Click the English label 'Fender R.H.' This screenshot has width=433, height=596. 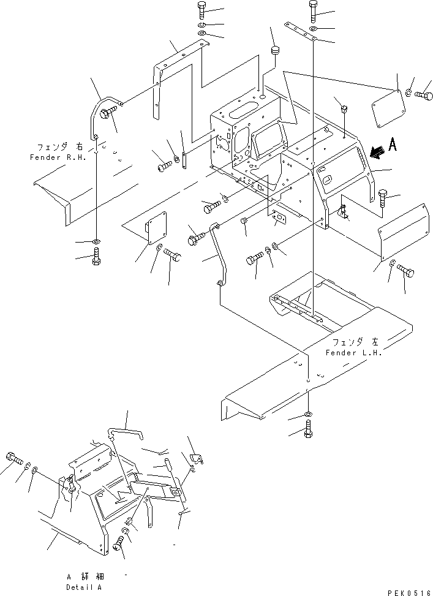pyautogui.click(x=58, y=157)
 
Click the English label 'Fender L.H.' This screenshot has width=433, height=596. pyautogui.click(x=353, y=353)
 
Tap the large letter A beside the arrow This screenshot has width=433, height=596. pyautogui.click(x=392, y=145)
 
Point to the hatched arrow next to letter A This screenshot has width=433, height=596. pyautogui.click(x=377, y=152)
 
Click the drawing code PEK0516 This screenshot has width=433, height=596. pyautogui.click(x=410, y=593)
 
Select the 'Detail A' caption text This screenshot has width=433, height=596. pyautogui.click(x=84, y=587)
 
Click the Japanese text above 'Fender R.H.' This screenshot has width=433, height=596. pyautogui.click(x=59, y=147)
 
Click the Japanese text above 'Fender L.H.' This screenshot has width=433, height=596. pyautogui.click(x=355, y=342)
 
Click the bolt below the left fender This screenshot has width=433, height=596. pyautogui.click(x=308, y=429)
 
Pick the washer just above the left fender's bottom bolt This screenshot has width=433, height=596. pyautogui.click(x=308, y=414)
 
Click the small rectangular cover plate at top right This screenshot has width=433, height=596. pyautogui.click(x=386, y=108)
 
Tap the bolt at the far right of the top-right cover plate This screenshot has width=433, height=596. pyautogui.click(x=424, y=94)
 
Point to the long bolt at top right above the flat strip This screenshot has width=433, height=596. pyautogui.click(x=313, y=12)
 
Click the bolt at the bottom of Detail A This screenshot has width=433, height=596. pyautogui.click(x=119, y=543)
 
